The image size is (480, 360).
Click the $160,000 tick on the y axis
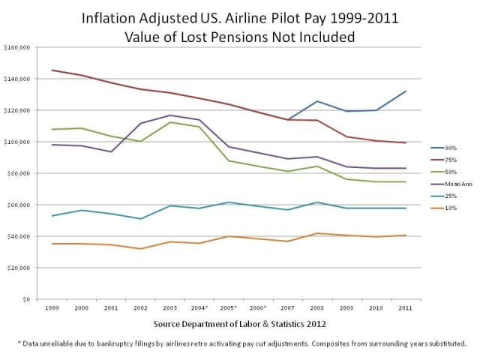(16, 47)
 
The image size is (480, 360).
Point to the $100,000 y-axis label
(16, 142)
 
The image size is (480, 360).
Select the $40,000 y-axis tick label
(18, 236)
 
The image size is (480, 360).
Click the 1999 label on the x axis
(52, 309)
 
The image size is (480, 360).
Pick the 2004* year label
(199, 309)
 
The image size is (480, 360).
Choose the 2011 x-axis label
(404, 309)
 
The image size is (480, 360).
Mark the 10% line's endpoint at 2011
(404, 235)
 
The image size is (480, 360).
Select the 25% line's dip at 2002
(140, 219)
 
